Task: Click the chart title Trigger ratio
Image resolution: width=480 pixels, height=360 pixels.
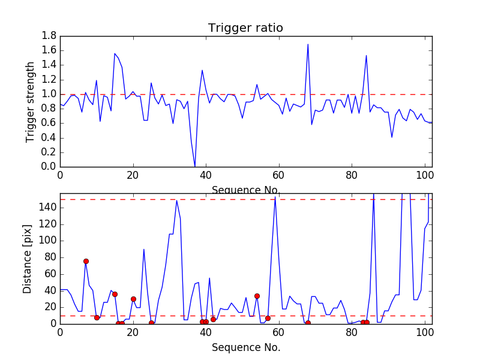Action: coord(245,28)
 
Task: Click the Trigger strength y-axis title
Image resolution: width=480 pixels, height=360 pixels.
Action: coord(30,101)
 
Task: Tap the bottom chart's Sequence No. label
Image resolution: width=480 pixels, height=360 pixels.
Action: coord(246,347)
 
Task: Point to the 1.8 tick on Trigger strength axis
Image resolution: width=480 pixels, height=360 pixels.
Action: coord(49,36)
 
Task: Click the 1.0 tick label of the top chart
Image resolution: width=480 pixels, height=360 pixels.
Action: coord(49,94)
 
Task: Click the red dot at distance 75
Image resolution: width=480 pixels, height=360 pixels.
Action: coord(86,261)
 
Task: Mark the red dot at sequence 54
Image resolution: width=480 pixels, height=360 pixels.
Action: coord(257,296)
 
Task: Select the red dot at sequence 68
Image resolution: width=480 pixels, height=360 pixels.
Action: coord(308,323)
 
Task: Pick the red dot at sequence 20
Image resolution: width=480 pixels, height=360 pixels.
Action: coord(133,299)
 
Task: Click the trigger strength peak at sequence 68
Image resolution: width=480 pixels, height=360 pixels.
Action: coord(308,44)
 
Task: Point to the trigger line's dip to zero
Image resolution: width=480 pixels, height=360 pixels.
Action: coord(195,166)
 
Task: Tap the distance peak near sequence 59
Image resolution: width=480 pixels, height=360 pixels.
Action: coord(275,197)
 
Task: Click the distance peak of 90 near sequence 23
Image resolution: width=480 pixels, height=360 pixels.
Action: coord(144,249)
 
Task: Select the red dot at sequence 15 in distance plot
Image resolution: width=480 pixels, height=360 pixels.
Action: coord(115,294)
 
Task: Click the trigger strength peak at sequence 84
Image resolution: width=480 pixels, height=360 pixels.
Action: coord(366,55)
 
